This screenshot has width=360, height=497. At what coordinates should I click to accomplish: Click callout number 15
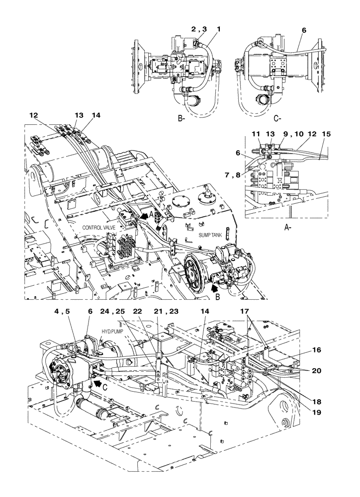327,134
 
